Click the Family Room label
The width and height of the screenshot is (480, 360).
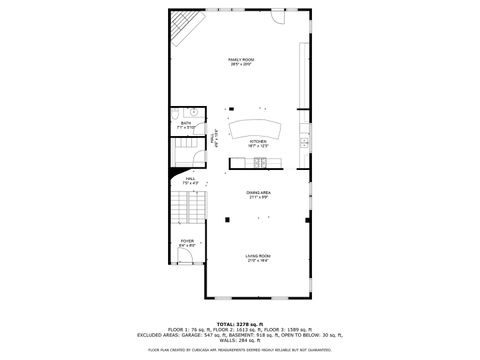coord(240,62)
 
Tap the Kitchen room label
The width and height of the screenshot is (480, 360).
coord(258,143)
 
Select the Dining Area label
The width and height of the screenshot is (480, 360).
coord(259,194)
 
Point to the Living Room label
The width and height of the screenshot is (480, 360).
coord(259,257)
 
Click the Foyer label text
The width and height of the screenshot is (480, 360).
coord(187,243)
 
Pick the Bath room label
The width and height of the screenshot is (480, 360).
coord(186,125)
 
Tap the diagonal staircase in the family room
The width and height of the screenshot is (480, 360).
coord(185,30)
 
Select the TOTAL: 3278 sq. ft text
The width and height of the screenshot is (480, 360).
coord(240,323)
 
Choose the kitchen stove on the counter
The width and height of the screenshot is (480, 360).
coord(259,162)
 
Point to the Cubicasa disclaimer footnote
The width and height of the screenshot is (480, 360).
coord(240,350)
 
